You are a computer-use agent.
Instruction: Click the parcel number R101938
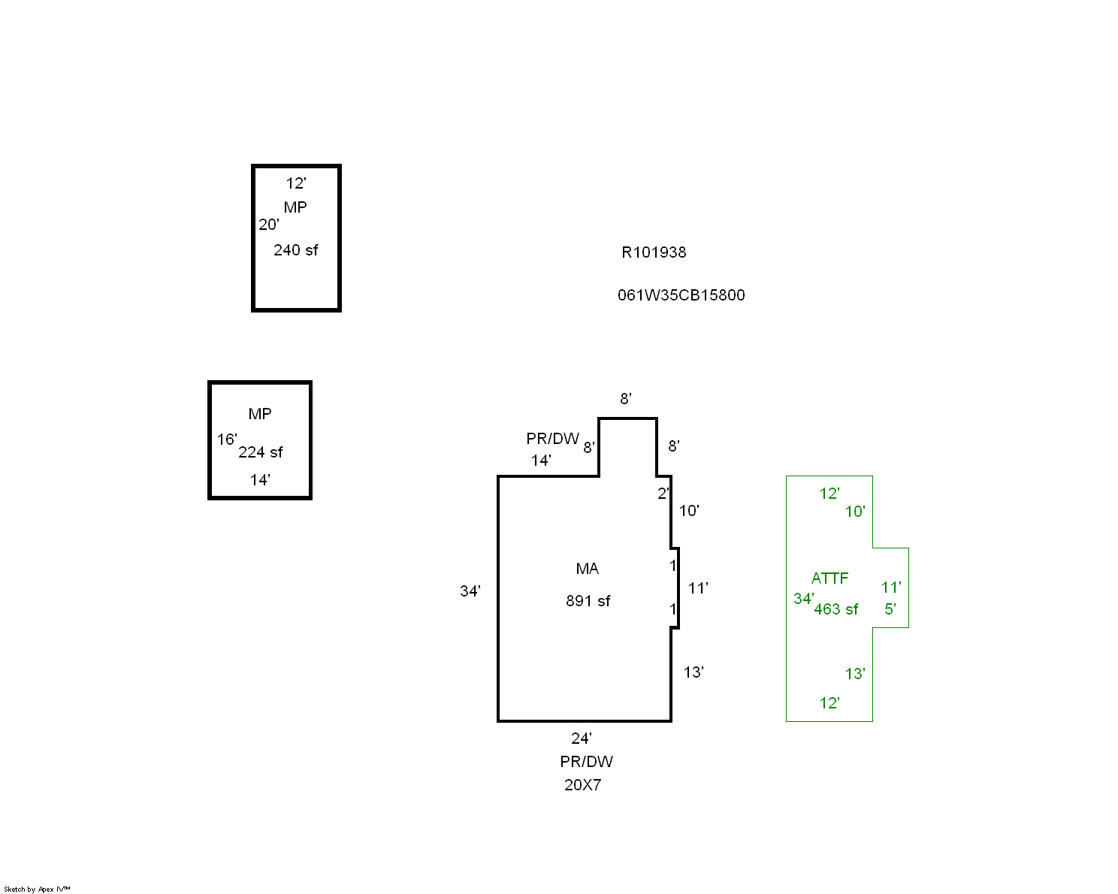click(654, 252)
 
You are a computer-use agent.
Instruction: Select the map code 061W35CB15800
click(681, 295)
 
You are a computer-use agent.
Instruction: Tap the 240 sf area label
click(295, 250)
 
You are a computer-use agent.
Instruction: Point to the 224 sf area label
click(261, 452)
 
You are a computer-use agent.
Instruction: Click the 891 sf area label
click(588, 601)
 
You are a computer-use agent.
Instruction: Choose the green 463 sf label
click(835, 609)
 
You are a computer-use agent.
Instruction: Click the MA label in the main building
click(587, 569)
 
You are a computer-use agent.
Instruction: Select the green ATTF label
click(829, 578)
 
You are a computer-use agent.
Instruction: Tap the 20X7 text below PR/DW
click(582, 785)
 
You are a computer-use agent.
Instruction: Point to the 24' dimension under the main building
click(581, 738)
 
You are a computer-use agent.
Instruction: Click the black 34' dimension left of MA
click(470, 591)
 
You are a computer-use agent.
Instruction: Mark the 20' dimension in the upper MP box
click(268, 225)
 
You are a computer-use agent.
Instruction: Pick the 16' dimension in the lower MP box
click(227, 439)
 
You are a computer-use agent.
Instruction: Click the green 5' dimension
click(890, 609)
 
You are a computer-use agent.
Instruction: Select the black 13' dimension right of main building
click(693, 672)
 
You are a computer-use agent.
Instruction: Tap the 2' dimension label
click(663, 494)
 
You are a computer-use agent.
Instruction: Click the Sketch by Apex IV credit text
click(37, 889)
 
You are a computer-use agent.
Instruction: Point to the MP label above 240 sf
click(295, 207)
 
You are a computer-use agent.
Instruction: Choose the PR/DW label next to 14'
click(552, 439)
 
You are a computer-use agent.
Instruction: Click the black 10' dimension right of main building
click(688, 511)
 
